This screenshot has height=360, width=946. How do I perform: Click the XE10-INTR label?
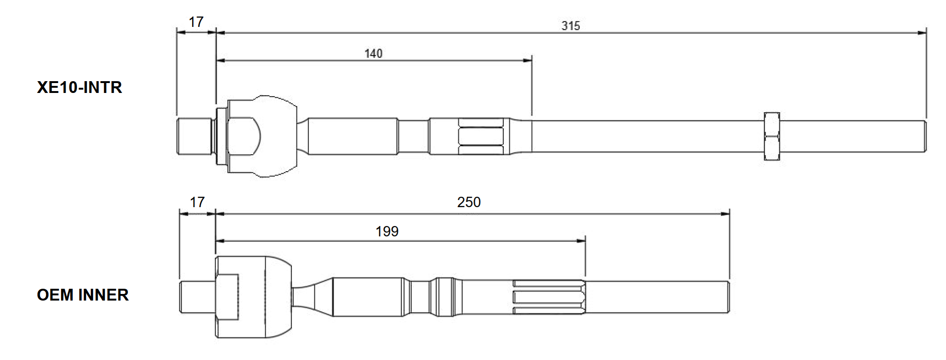(79, 87)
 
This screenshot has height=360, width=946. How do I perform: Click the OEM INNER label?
(83, 295)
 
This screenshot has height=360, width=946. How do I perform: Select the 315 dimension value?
(570, 25)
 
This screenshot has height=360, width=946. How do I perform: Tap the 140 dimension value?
(373, 53)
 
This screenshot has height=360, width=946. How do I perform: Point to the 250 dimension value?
(468, 202)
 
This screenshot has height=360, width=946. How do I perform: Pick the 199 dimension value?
(387, 231)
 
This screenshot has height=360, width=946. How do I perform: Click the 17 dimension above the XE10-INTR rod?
(196, 22)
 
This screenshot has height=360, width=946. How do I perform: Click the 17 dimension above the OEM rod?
(197, 202)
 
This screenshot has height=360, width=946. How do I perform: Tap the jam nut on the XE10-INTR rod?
(771, 136)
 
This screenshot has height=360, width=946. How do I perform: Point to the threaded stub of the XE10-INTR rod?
(194, 136)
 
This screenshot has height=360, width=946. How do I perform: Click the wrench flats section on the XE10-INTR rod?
(481, 136)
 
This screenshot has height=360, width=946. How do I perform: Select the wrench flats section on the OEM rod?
(549, 297)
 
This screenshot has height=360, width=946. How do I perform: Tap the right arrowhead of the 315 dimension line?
(922, 33)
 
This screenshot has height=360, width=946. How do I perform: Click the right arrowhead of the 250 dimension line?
(726, 214)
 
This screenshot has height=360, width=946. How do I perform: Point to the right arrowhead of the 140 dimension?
(528, 60)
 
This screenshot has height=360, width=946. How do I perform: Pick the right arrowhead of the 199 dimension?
(581, 241)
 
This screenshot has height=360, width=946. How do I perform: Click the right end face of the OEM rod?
(729, 297)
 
